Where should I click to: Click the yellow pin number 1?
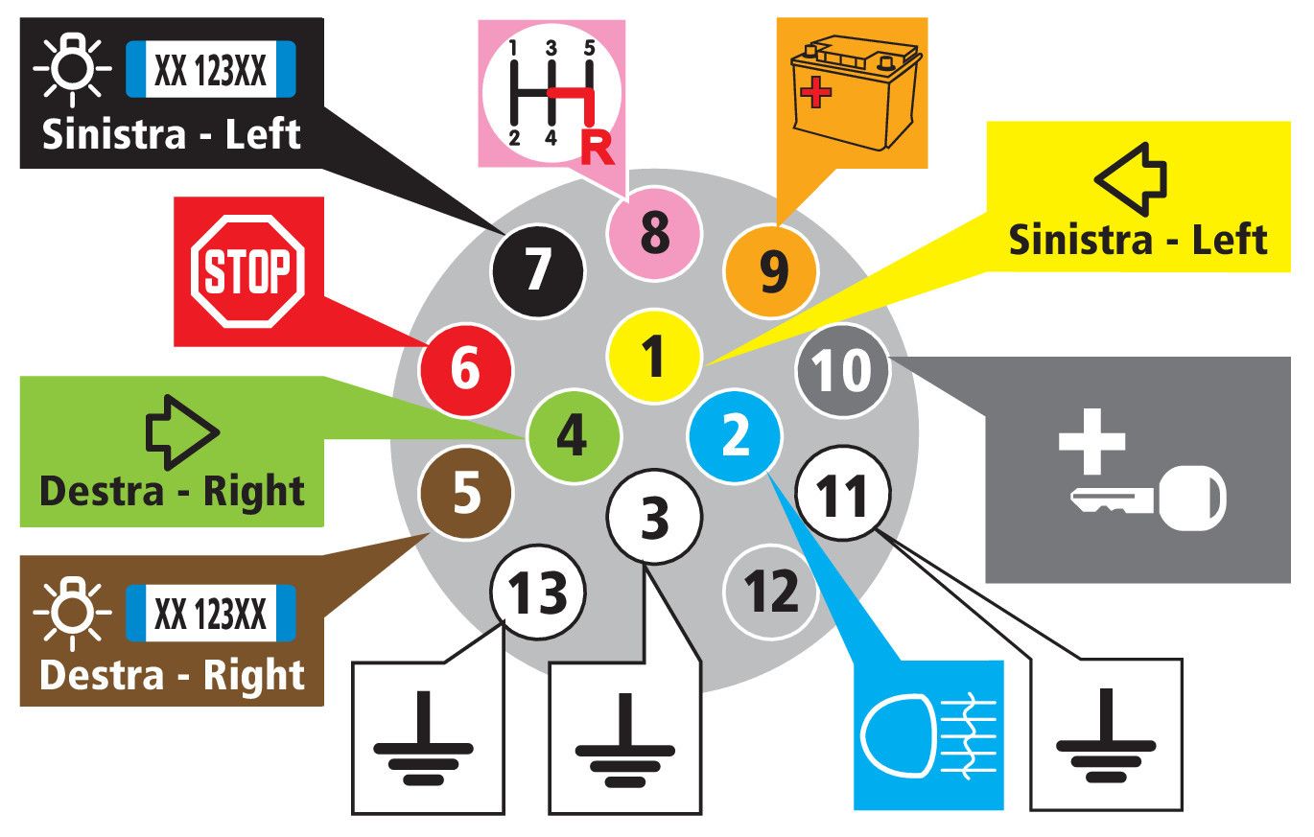(653, 356)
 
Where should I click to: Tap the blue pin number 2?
(735, 435)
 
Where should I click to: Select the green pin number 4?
(574, 435)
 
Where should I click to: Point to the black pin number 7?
(537, 269)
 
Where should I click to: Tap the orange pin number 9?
(772, 271)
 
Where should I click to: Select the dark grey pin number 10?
(843, 369)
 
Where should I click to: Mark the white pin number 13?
(538, 592)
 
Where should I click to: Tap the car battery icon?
(856, 93)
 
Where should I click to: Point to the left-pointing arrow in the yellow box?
(1131, 179)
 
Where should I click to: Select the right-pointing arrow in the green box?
(182, 432)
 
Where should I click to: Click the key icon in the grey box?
(1149, 498)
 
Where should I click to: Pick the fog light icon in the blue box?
(929, 735)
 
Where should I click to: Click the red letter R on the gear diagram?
(598, 149)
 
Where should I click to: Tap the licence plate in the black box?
(211, 69)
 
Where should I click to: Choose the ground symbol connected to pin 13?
(424, 738)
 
